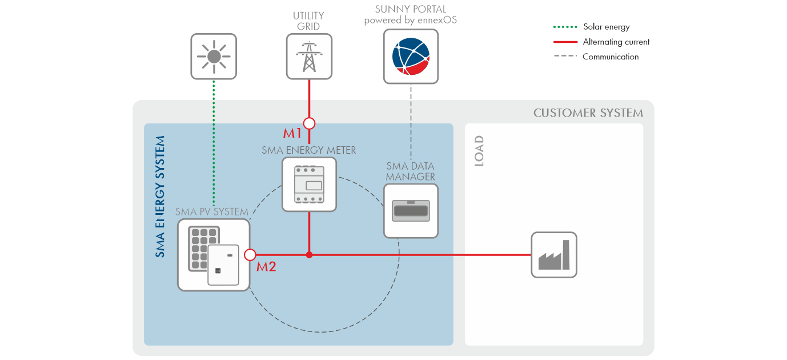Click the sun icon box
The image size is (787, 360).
point(214,56)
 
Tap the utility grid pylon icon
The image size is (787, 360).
point(309,56)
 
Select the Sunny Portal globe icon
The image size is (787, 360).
point(411,56)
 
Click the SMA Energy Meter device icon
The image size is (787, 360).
point(309,185)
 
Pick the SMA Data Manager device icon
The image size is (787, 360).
point(411,210)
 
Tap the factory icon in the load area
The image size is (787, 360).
point(554,255)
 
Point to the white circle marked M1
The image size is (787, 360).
point(309,123)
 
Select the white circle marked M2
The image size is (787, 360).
point(250,255)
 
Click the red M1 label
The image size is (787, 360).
point(292,134)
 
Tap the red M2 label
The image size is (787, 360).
point(266,266)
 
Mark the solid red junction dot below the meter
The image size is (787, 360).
point(309,255)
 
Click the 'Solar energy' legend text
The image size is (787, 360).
point(606,27)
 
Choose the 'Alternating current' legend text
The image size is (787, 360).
point(616,42)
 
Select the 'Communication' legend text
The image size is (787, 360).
point(610,57)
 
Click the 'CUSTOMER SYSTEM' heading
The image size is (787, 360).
point(588,113)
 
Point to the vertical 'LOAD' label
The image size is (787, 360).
point(479,151)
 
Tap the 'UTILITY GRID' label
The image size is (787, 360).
point(309,21)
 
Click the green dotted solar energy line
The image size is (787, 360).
point(214,143)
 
